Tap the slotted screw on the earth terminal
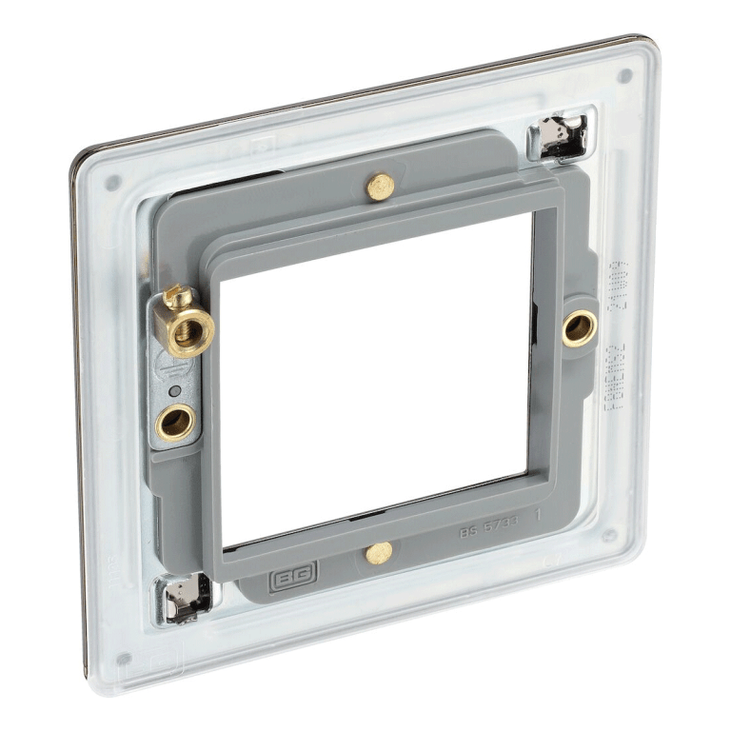(x=177, y=301)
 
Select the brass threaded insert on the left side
(x=175, y=422)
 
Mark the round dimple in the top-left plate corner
(x=113, y=182)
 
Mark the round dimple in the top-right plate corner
(x=625, y=76)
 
